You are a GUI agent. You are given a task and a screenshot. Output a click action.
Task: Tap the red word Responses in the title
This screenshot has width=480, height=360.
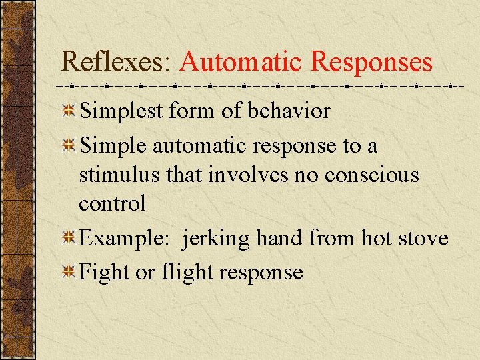(x=371, y=62)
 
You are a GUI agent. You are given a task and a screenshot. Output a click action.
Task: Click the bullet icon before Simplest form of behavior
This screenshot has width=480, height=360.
(x=69, y=111)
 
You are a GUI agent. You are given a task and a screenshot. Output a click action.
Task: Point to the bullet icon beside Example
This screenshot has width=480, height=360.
(x=69, y=239)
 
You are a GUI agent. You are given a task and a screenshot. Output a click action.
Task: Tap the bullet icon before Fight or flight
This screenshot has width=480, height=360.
(x=69, y=273)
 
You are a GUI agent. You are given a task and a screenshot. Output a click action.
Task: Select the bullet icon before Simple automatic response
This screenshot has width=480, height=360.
(x=69, y=146)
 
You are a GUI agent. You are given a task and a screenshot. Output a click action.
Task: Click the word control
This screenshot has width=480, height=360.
(x=112, y=203)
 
